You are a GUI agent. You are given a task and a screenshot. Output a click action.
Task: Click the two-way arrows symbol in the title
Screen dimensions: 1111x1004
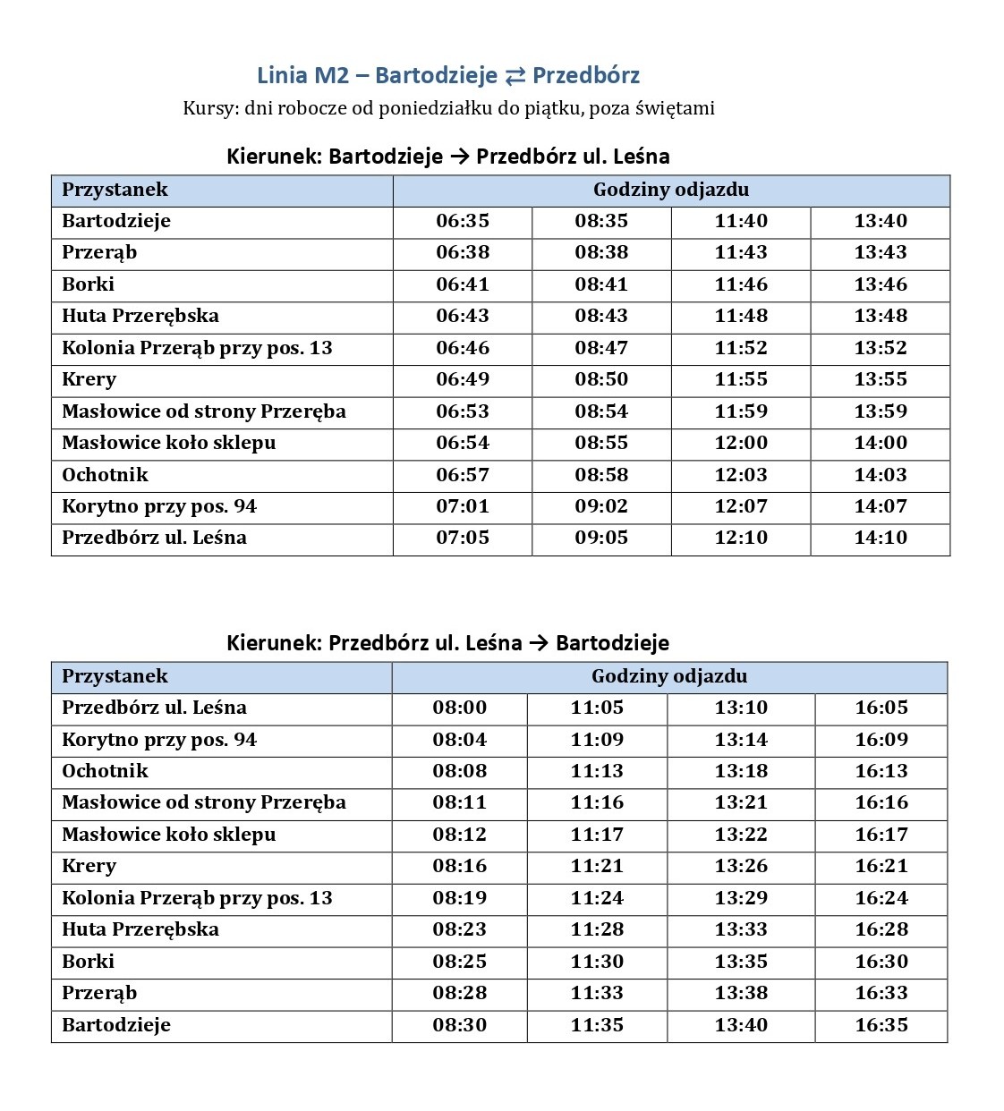(x=515, y=76)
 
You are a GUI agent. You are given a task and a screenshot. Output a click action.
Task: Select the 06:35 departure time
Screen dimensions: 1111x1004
(x=463, y=221)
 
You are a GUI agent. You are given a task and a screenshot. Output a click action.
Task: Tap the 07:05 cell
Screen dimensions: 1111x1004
(x=463, y=538)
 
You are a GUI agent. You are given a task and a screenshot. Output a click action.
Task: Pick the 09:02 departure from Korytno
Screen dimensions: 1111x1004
(x=601, y=506)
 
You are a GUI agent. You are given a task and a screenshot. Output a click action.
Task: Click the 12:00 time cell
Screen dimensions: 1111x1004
(x=741, y=443)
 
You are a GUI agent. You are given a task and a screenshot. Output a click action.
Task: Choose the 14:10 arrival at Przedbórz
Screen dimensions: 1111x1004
(x=881, y=538)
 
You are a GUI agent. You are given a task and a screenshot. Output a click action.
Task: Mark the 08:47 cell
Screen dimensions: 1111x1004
(x=601, y=348)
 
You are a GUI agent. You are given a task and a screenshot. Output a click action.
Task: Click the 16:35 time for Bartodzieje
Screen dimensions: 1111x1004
(x=881, y=1025)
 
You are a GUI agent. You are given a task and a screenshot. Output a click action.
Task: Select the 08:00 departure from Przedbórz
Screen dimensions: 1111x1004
(x=460, y=708)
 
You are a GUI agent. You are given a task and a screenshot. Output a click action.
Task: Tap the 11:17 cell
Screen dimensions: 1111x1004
(x=597, y=835)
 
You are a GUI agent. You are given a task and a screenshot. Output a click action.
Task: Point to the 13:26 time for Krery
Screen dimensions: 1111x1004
(x=741, y=866)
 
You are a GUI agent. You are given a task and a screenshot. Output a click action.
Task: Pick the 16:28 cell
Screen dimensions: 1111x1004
(x=881, y=929)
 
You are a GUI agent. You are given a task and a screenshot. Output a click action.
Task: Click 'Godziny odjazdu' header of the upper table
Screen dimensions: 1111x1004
(x=671, y=190)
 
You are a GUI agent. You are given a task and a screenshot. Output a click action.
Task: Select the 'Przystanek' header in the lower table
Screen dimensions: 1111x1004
(x=115, y=676)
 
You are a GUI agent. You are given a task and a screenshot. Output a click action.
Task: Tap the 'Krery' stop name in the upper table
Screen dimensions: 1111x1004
(x=89, y=379)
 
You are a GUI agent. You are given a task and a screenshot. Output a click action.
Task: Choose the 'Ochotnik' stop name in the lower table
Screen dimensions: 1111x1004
(x=105, y=771)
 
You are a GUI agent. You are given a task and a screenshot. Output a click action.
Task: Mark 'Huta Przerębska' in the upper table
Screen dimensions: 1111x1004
(x=140, y=316)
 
